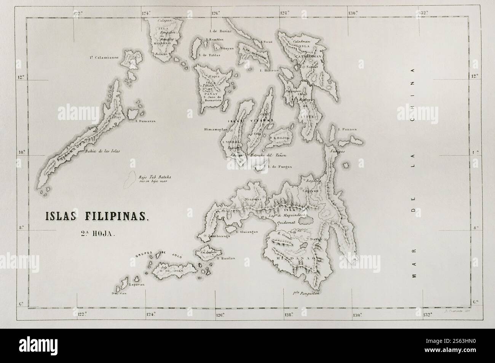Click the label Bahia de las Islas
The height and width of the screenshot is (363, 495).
click(103, 151)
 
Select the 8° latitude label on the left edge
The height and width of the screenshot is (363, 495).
click(21, 229)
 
